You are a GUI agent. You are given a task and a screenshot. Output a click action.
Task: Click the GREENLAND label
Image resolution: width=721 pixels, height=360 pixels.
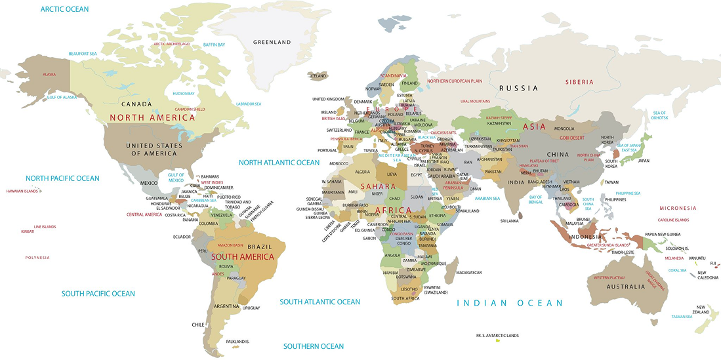point(272,42)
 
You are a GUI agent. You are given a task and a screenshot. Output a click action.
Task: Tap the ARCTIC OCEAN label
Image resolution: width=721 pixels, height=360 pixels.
point(64,9)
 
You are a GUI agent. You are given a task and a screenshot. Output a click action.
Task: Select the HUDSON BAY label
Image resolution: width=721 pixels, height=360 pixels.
point(184,94)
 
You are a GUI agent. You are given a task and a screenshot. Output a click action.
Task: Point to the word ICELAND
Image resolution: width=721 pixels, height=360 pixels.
point(318,75)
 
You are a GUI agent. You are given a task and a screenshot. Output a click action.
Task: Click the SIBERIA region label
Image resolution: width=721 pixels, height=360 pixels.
point(579,82)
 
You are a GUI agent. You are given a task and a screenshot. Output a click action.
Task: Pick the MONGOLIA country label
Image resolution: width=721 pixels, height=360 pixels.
point(564,129)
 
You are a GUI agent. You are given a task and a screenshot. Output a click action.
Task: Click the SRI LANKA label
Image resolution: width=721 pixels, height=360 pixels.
point(510,221)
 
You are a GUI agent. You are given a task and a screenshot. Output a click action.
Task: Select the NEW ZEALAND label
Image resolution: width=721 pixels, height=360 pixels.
point(701,309)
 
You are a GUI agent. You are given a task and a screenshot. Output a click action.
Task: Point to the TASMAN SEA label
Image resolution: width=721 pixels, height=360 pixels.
point(682,317)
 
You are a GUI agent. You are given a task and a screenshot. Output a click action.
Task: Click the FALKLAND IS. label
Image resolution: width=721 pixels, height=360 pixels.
point(237,342)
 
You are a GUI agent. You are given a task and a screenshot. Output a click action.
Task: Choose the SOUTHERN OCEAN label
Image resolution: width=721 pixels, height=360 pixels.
point(313,346)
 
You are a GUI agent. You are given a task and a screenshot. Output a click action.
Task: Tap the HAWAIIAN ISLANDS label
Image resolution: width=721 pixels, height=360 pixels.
point(23,191)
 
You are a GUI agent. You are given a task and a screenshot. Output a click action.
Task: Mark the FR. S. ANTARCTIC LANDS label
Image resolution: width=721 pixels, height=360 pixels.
point(497,336)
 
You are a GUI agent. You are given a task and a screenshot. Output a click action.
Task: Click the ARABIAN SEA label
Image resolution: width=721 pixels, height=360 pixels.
point(487,198)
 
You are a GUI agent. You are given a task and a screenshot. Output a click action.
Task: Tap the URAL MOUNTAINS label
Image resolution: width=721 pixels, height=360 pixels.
point(475,101)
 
